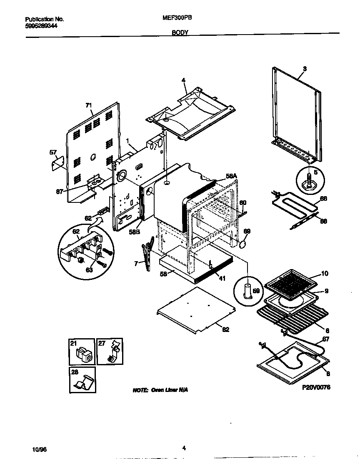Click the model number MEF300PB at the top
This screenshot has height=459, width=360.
click(176, 18)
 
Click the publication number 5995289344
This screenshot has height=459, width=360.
click(41, 26)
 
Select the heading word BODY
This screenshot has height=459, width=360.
click(180, 32)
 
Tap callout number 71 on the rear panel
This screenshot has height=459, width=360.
click(88, 105)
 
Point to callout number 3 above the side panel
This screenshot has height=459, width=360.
click(305, 69)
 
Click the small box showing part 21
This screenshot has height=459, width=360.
click(82, 352)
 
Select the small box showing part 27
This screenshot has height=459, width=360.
click(110, 352)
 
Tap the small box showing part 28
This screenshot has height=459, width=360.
click(82, 379)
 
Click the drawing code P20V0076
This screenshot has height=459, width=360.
click(316, 387)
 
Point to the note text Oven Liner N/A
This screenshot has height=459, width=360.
click(160, 390)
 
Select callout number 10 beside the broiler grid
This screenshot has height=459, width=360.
click(324, 274)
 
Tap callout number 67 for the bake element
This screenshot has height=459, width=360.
click(325, 339)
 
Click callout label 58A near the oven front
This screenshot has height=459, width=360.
click(231, 177)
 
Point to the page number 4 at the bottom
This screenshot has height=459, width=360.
click(184, 448)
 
